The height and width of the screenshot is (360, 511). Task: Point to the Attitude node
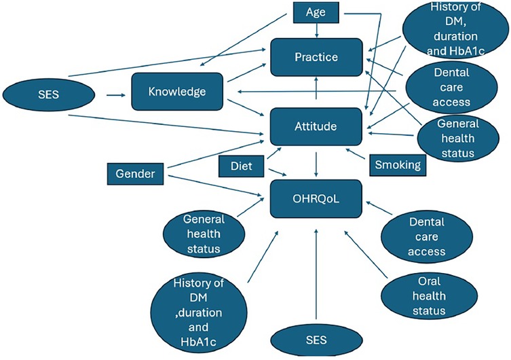click(x=315, y=126)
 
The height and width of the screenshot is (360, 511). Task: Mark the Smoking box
click(x=396, y=164)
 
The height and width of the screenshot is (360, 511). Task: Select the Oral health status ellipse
click(x=422, y=295)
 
